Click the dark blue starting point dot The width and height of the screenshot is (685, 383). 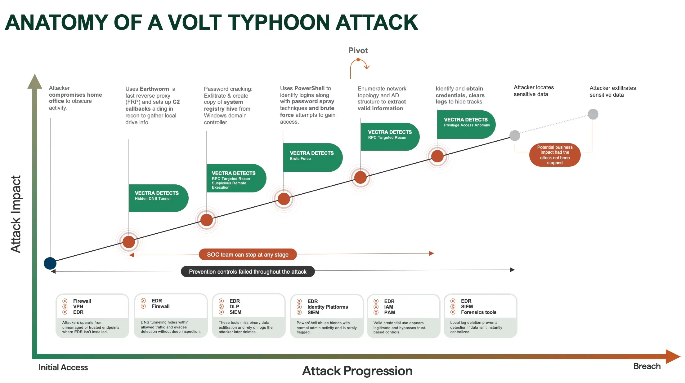coord(50,263)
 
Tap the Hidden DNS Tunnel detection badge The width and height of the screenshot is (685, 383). coord(158,198)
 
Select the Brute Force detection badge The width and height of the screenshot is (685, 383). coord(312,157)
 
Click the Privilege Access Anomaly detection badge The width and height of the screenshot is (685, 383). coord(466,124)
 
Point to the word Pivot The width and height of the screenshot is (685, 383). coord(358,51)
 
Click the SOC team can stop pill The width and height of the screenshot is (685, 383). coord(248,254)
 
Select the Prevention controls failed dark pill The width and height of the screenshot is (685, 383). coord(248,271)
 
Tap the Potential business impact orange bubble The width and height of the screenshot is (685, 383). coord(555,155)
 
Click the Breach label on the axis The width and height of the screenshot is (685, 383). coord(647,366)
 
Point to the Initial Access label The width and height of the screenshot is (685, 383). coord(63,367)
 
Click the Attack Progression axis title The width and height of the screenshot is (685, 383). coord(357,371)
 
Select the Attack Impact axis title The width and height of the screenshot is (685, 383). coord(16,214)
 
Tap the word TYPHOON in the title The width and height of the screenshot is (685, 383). coord(278,22)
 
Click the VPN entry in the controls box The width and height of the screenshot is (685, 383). coord(78,306)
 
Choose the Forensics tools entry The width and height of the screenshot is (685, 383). coord(478,312)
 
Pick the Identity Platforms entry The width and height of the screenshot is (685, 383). coord(327,307)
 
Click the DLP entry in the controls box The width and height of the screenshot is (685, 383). coord(234,306)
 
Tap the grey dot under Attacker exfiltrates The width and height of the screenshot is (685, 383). coord(593,114)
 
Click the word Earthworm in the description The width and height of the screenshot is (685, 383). coord(154,89)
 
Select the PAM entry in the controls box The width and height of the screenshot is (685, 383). coord(389,312)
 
